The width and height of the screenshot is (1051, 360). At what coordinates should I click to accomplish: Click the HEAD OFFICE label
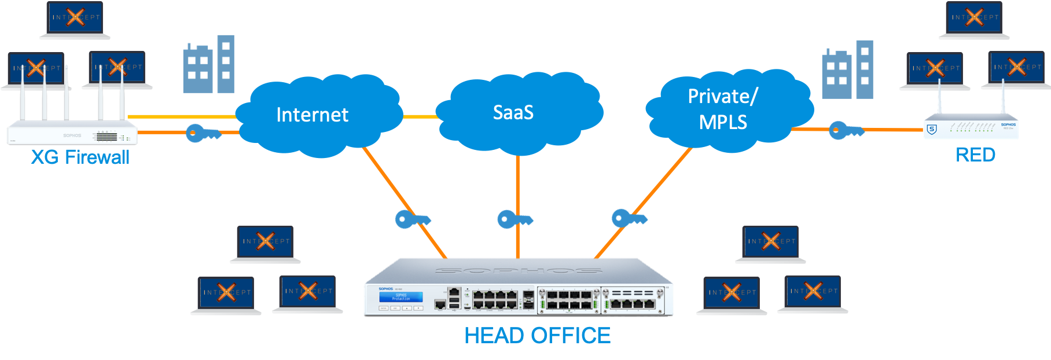537,336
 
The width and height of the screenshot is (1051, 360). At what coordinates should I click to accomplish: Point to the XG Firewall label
80,157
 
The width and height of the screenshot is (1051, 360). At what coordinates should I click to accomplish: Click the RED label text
975,155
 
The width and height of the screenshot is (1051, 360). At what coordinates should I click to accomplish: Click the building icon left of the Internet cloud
208,65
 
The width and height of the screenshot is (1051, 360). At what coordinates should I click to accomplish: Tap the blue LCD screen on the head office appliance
400,297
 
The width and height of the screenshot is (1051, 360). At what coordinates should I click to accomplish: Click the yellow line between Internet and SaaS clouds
420,116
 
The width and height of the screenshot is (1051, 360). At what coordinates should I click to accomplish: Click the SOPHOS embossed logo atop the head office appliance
518,270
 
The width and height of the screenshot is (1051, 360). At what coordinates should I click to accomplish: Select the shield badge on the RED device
932,129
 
